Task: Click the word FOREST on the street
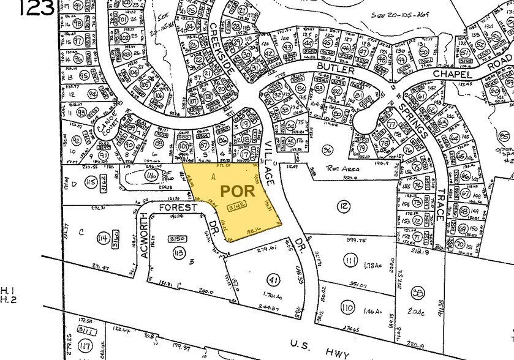(x=180, y=208)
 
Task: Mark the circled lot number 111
(x=350, y=261)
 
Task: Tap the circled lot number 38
(x=418, y=292)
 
